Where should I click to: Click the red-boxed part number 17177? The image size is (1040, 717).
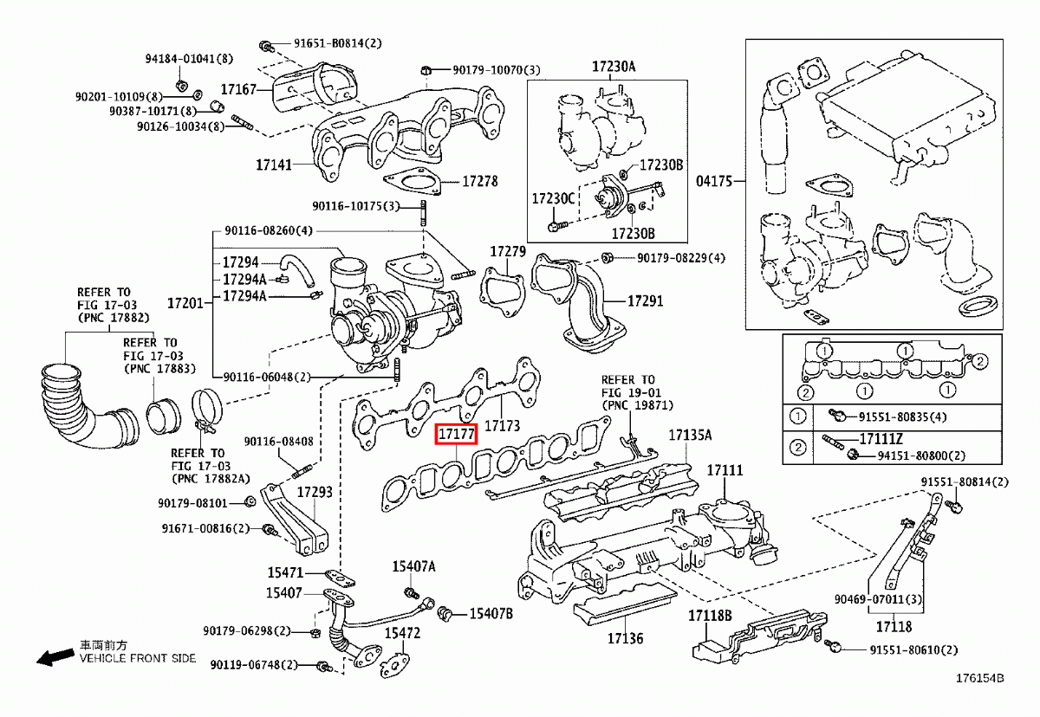click(456, 434)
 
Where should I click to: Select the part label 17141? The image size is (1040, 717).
click(274, 163)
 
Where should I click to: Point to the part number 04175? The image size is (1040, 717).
click(715, 181)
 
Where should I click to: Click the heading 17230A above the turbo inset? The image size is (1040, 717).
click(614, 66)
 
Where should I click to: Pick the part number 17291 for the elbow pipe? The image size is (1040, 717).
click(645, 301)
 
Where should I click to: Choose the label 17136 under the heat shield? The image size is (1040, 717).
click(625, 638)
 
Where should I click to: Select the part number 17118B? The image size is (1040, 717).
click(711, 616)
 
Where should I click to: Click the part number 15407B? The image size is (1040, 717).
click(491, 613)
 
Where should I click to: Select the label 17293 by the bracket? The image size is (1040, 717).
click(315, 492)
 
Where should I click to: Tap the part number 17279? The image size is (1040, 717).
click(508, 251)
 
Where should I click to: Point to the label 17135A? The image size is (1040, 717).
click(690, 435)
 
